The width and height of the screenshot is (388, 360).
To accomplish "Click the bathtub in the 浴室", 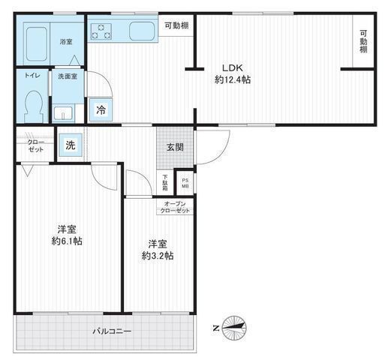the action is (37, 44).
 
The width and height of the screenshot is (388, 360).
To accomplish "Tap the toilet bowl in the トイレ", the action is (33, 106).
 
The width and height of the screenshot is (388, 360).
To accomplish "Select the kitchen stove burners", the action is (101, 31).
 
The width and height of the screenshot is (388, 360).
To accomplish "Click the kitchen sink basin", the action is (142, 31).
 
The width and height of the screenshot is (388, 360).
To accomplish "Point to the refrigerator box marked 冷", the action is (101, 110).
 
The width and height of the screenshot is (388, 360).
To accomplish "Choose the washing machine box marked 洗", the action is (71, 145).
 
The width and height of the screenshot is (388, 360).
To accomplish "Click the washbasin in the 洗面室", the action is (64, 113).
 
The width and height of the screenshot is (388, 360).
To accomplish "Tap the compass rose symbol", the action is (234, 328).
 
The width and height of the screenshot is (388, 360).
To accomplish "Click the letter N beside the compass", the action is (216, 328).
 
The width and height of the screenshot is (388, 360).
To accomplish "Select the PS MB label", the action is (185, 183).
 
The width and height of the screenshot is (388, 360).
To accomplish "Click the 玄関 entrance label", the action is (175, 147).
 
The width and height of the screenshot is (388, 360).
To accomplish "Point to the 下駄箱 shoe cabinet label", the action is (165, 183).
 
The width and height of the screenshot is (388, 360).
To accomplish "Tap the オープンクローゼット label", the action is (175, 207).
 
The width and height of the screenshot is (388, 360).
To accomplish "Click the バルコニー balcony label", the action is (112, 331).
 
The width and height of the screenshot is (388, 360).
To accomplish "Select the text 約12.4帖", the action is (233, 80).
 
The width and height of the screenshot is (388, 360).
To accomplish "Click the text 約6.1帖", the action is (67, 241).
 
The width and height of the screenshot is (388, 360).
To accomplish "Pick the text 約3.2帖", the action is (158, 256).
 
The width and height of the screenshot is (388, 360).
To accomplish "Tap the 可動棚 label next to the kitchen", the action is (176, 25).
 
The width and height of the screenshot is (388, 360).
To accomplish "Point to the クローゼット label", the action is (35, 146).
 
